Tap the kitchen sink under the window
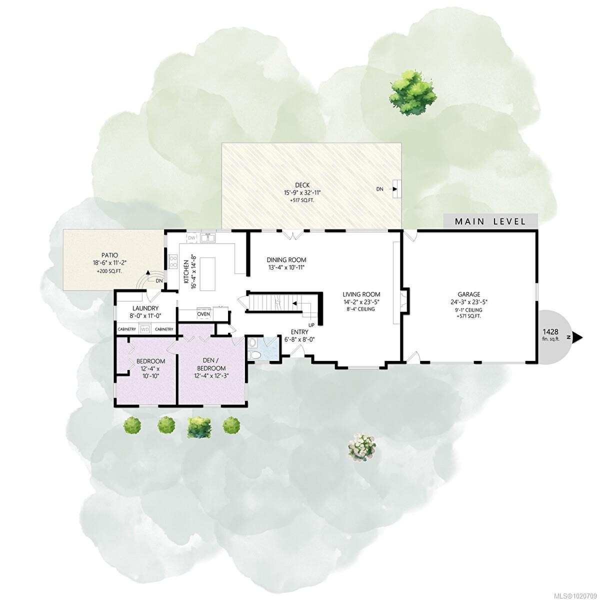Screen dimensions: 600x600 [x=208, y=238]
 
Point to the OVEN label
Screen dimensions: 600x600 [x=203, y=314]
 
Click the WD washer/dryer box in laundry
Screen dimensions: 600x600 [x=145, y=329]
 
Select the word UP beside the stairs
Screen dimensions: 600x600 [x=311, y=325]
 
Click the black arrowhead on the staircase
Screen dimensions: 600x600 [x=295, y=303]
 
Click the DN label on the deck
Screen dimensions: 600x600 [x=380, y=189]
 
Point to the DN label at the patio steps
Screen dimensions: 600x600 [x=159, y=280]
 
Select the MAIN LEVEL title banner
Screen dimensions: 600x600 [x=490, y=221]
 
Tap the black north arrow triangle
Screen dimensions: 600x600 [x=577, y=338]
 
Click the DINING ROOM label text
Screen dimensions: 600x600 [x=286, y=260]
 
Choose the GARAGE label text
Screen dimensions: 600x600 [x=468, y=294]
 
